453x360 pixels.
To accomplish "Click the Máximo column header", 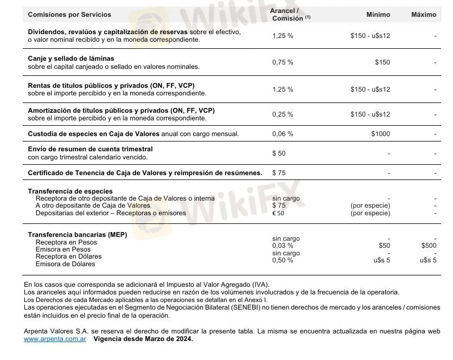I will [423, 15].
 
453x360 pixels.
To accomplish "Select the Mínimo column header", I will [378, 15].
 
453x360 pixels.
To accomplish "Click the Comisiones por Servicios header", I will [69, 15].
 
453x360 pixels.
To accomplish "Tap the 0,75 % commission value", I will [283, 62].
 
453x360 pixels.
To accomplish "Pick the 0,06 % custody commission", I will [283, 134].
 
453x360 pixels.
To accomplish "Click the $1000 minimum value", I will [380, 134].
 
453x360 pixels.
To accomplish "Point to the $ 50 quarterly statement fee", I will [279, 153].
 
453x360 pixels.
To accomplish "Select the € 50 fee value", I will [278, 213].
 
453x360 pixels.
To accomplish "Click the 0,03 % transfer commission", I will [283, 246].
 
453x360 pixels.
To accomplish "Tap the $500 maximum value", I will [429, 246].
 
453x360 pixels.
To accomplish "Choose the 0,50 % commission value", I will [283, 260].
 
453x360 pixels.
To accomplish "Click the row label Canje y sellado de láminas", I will [71, 59].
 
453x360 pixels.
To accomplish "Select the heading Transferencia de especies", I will [71, 191].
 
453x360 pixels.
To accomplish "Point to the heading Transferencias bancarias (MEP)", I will [78, 235].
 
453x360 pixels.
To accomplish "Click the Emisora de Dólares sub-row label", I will [65, 264].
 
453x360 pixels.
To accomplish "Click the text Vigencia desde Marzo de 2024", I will [143, 339].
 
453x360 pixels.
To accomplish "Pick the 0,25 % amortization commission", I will [283, 114].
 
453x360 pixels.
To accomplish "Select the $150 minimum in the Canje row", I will [382, 62].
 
